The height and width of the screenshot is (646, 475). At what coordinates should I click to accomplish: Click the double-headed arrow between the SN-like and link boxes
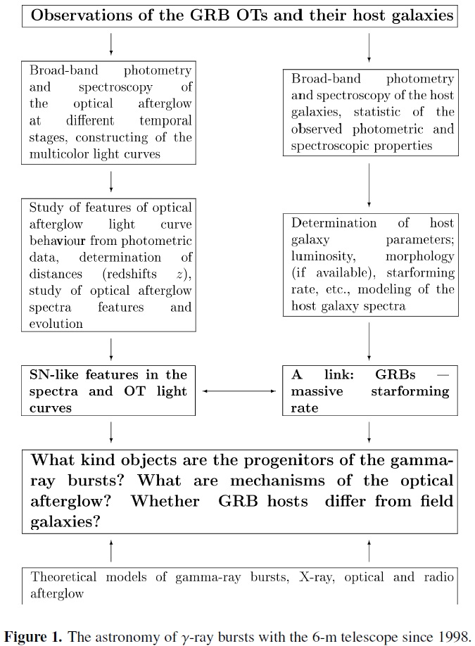tap(239, 391)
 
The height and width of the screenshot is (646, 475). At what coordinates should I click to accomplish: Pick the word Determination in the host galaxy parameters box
tap(334, 223)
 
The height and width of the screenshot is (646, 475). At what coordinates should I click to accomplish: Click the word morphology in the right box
tap(420, 257)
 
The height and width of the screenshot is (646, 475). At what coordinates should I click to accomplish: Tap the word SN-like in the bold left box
tap(54, 374)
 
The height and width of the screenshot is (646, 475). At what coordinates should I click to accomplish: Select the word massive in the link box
tap(317, 391)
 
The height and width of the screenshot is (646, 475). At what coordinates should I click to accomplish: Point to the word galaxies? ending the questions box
tap(65, 522)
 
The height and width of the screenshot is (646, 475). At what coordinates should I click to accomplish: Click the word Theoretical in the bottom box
tap(63, 577)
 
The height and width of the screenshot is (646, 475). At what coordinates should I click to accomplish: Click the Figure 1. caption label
tap(33, 637)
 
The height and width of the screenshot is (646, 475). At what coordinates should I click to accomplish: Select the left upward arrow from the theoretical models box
tap(110, 551)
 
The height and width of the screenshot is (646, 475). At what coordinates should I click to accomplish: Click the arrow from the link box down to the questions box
tap(369, 432)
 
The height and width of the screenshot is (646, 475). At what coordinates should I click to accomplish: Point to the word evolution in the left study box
tap(56, 324)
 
